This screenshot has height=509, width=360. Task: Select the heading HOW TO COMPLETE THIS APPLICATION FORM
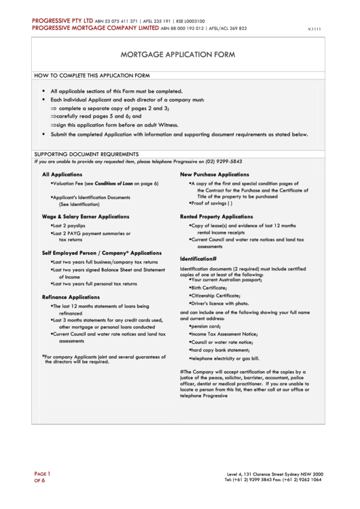point(92,75)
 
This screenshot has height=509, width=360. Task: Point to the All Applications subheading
point(62,175)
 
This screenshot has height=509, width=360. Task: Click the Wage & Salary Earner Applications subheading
point(86,216)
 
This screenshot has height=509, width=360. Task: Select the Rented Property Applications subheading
point(216,216)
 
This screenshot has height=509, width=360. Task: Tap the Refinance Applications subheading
point(71,297)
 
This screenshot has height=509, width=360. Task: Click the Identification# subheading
point(198,259)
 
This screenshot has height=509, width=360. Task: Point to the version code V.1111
point(314,29)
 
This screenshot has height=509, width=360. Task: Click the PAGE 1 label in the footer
point(42,473)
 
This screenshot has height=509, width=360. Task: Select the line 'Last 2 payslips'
point(69,225)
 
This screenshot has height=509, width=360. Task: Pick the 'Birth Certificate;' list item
point(209,287)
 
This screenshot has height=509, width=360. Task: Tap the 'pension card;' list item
point(206,326)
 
